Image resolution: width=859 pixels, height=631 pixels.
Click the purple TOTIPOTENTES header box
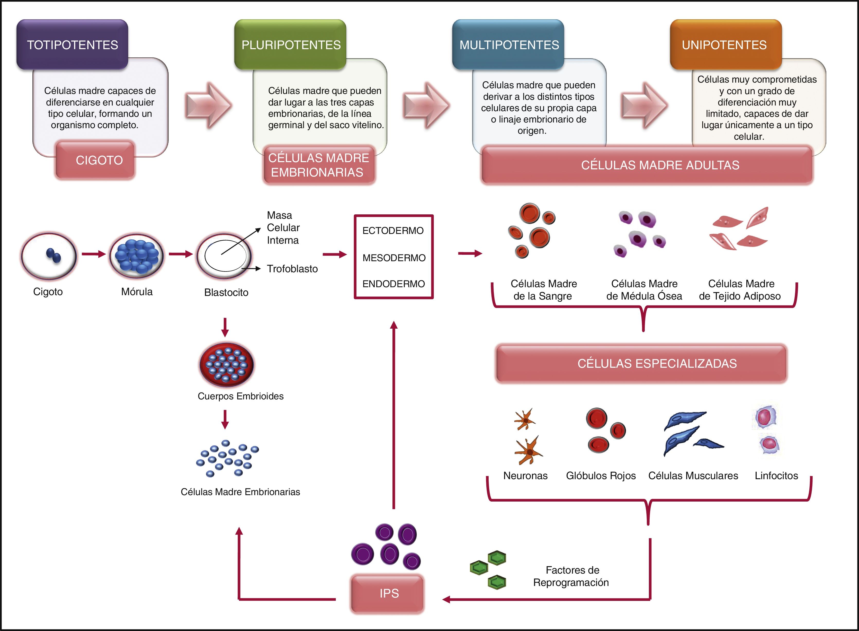72,45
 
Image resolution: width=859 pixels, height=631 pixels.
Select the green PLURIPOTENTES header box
291,45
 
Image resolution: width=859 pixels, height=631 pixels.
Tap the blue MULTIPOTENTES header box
508,45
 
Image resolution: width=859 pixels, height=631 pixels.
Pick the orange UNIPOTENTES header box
724,45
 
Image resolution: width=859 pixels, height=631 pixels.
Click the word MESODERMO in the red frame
393,258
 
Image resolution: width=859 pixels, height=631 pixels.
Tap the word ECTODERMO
393,231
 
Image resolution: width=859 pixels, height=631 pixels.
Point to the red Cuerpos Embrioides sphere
226,364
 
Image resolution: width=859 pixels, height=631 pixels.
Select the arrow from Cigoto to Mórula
94,254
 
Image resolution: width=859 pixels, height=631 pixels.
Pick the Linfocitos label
776,476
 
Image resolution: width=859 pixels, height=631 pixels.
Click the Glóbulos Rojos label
601,476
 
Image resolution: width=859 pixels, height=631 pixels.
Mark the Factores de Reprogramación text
571,576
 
